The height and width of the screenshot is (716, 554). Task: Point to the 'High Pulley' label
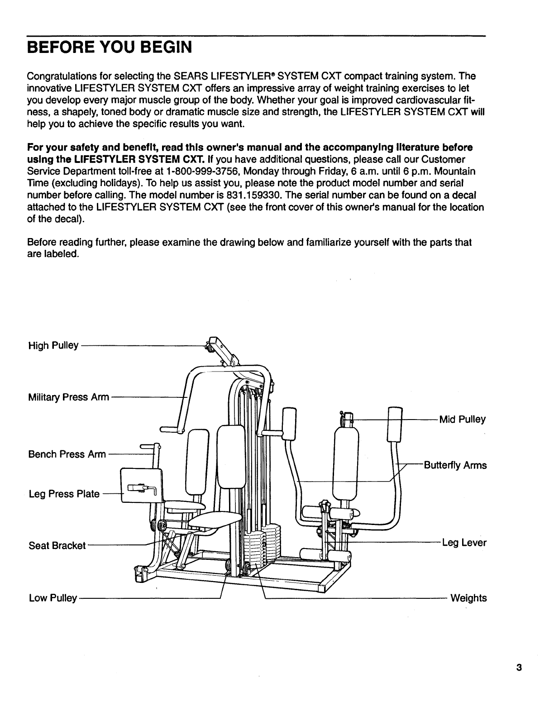53,346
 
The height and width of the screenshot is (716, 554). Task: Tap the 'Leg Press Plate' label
64,494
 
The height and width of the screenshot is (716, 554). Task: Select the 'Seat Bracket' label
57,545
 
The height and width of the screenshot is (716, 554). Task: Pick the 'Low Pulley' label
53,598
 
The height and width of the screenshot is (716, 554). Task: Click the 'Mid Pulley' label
463,420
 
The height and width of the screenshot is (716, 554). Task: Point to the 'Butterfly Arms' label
455,465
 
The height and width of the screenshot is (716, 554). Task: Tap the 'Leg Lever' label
464,542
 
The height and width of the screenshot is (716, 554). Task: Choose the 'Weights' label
468,598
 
